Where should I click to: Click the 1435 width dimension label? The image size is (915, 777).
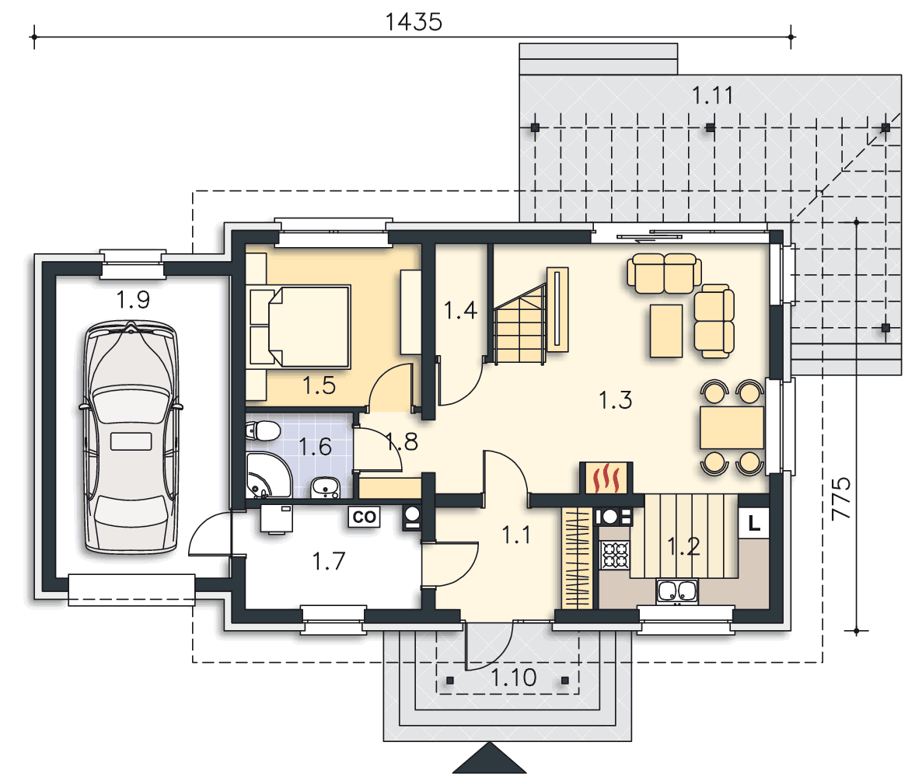[413, 23]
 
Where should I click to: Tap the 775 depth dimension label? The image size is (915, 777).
[841, 498]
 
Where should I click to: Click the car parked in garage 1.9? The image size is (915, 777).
[131, 437]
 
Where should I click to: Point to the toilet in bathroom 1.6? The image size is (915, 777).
[264, 432]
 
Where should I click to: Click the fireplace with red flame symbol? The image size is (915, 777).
[606, 479]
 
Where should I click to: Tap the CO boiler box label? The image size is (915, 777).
[364, 517]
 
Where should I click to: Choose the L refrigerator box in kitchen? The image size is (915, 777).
[754, 523]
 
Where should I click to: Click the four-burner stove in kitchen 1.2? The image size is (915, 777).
[615, 556]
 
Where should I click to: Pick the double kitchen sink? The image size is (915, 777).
[677, 591]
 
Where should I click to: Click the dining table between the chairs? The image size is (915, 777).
[732, 427]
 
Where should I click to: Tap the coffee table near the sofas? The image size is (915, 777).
[666, 330]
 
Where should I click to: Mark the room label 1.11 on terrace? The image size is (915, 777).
[712, 95]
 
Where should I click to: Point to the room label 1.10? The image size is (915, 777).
[514, 678]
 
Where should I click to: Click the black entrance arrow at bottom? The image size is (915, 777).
[490, 758]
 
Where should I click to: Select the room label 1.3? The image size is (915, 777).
[615, 400]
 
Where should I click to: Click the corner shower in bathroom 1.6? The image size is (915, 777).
[267, 475]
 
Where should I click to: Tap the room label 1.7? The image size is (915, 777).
[329, 561]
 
